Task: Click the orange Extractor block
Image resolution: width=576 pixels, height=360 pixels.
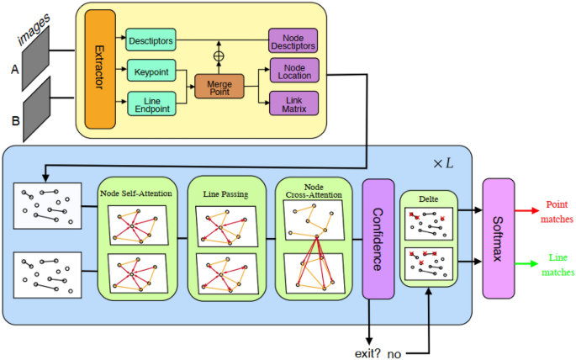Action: pos(99,70)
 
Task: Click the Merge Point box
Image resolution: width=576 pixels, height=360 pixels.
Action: pos(218,87)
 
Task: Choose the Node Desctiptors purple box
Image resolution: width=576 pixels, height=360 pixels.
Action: pos(293,40)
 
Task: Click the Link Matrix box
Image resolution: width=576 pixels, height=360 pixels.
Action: pos(293,103)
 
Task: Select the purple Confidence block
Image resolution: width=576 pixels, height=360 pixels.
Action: pos(378,238)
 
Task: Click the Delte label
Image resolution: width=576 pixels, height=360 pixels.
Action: pos(429,200)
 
